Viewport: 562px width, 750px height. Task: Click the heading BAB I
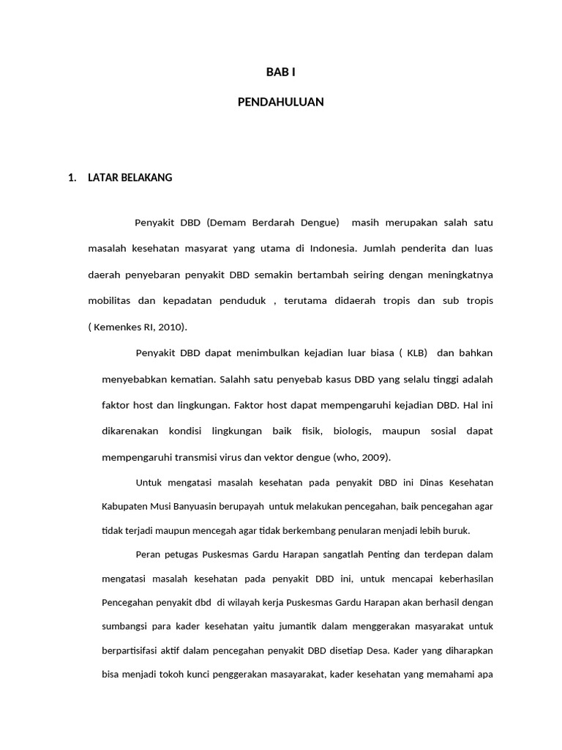(281, 72)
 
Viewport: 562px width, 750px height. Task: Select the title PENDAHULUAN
(281, 103)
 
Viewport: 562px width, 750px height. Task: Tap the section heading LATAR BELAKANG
(130, 177)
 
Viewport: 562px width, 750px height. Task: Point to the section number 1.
(72, 177)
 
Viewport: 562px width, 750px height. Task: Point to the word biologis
(353, 431)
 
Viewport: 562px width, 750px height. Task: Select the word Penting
(383, 554)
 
